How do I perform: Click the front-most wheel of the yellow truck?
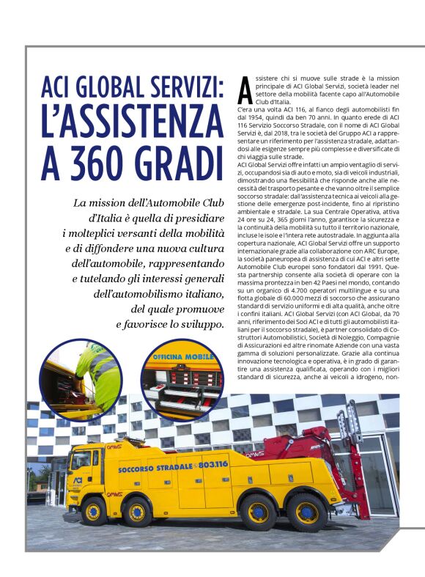tap(94, 510)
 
